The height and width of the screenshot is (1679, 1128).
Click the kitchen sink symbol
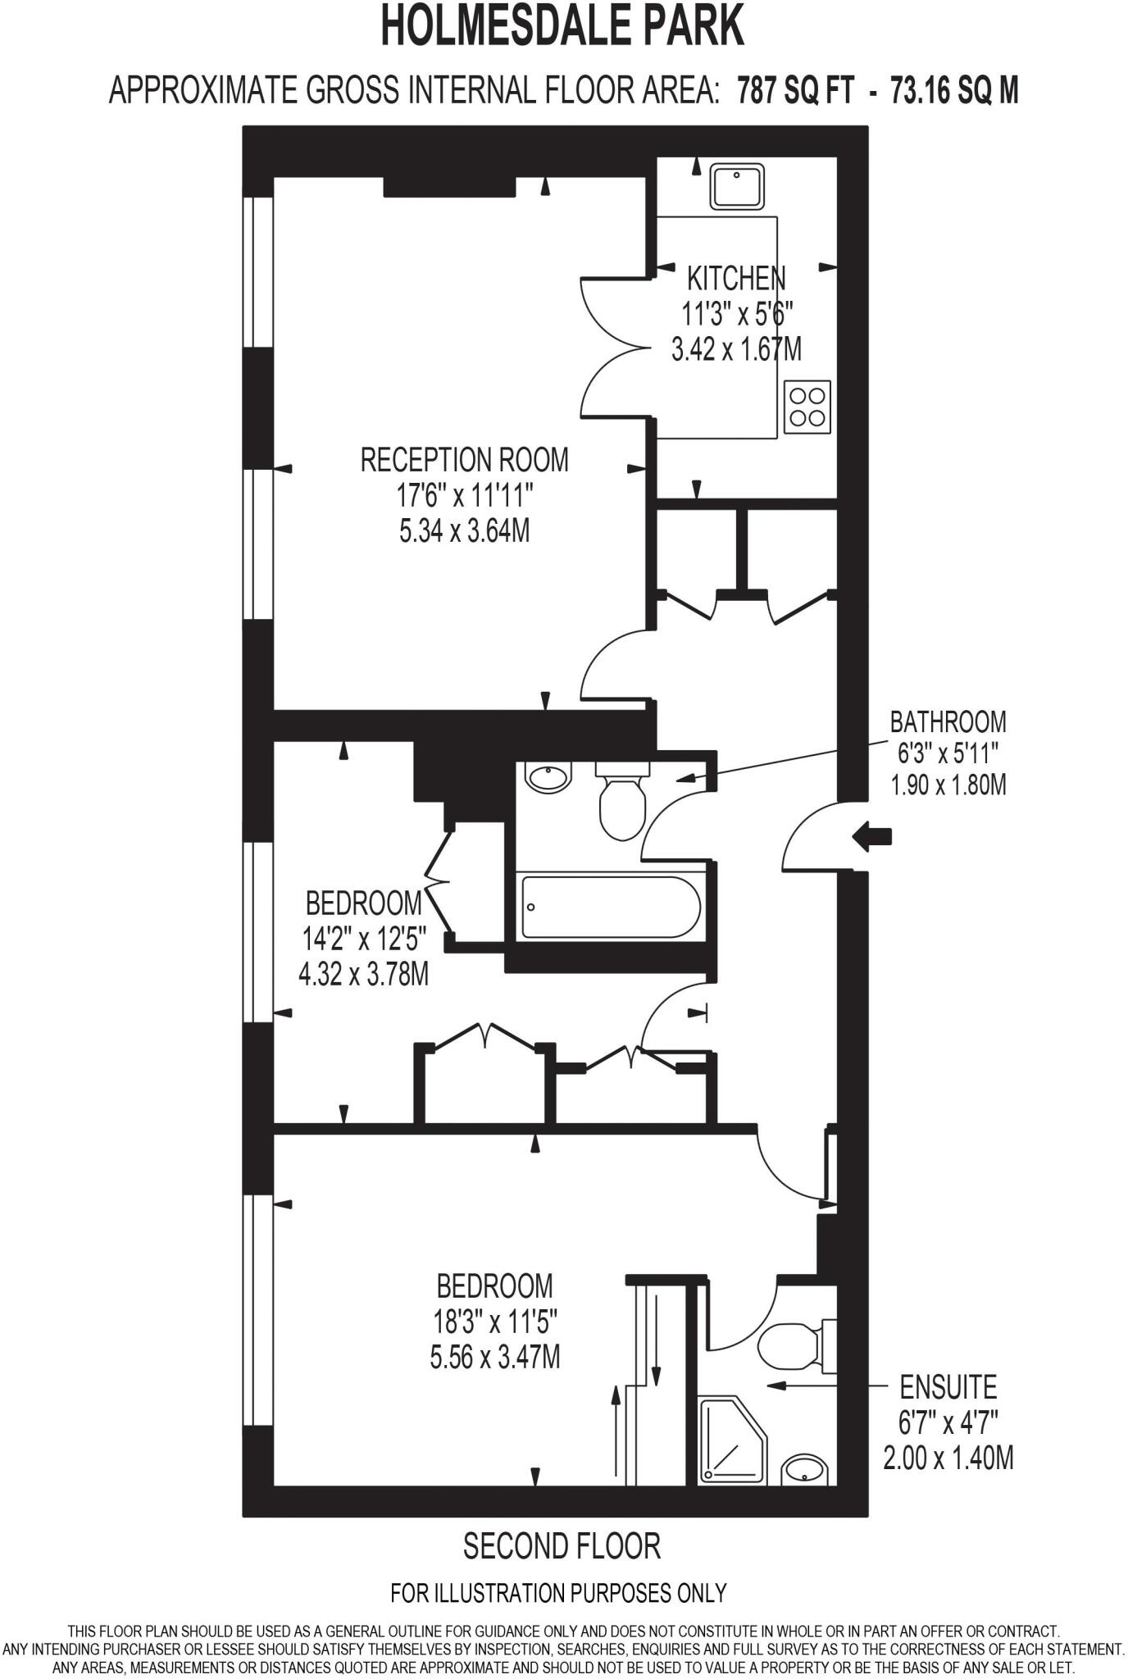point(737,186)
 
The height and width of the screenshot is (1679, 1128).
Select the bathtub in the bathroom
point(610,907)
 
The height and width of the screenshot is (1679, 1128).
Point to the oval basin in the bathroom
point(548,776)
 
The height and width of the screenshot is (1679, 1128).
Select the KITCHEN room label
point(735,279)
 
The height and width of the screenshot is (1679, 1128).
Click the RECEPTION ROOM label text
point(464,460)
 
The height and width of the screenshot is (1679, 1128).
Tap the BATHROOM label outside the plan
point(948,721)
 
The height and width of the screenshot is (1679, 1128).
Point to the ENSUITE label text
point(948,1387)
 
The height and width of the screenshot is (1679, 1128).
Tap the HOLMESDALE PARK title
point(562,26)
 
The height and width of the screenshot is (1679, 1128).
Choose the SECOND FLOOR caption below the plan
point(562,1546)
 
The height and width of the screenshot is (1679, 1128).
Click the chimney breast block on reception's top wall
point(449,187)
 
